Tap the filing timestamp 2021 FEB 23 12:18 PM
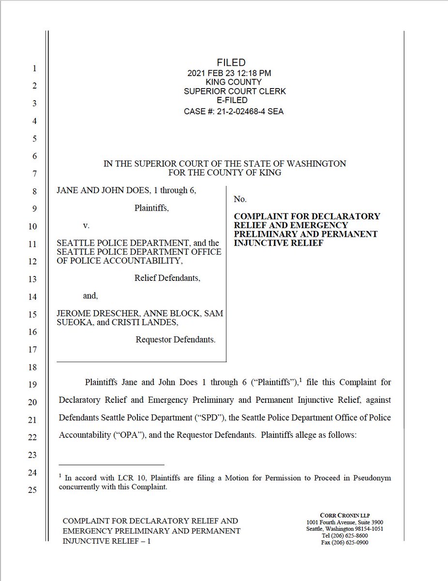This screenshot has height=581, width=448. click(229, 73)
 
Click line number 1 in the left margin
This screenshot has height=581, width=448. click(34, 69)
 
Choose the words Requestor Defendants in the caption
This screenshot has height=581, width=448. click(175, 340)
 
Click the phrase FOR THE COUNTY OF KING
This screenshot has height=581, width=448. click(224, 173)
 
